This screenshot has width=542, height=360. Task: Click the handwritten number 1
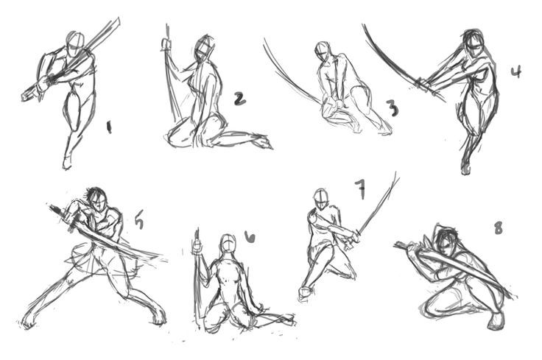(109, 128)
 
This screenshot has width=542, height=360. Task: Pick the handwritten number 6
(250, 236)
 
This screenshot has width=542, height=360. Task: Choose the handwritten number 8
(498, 228)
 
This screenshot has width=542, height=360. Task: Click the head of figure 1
(74, 40)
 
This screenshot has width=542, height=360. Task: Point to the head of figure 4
(474, 43)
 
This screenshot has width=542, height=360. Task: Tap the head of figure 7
(320, 198)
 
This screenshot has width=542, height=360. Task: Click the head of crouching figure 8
(446, 241)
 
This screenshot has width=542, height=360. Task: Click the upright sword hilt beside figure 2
(166, 45)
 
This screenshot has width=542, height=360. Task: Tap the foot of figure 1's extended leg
(67, 161)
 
